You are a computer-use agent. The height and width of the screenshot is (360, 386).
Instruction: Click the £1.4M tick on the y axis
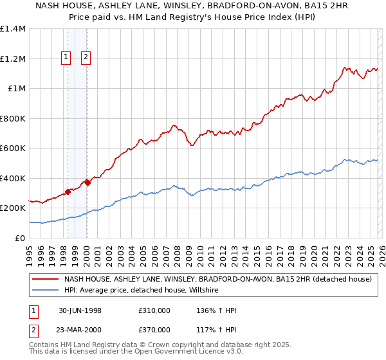point(13,29)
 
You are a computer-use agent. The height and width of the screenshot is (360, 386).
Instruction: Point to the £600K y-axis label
point(13,148)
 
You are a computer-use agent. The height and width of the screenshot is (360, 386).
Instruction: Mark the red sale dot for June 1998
point(68,192)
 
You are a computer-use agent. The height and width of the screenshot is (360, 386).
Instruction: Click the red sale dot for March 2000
point(87,183)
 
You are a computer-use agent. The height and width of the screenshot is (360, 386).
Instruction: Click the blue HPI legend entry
point(141,291)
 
